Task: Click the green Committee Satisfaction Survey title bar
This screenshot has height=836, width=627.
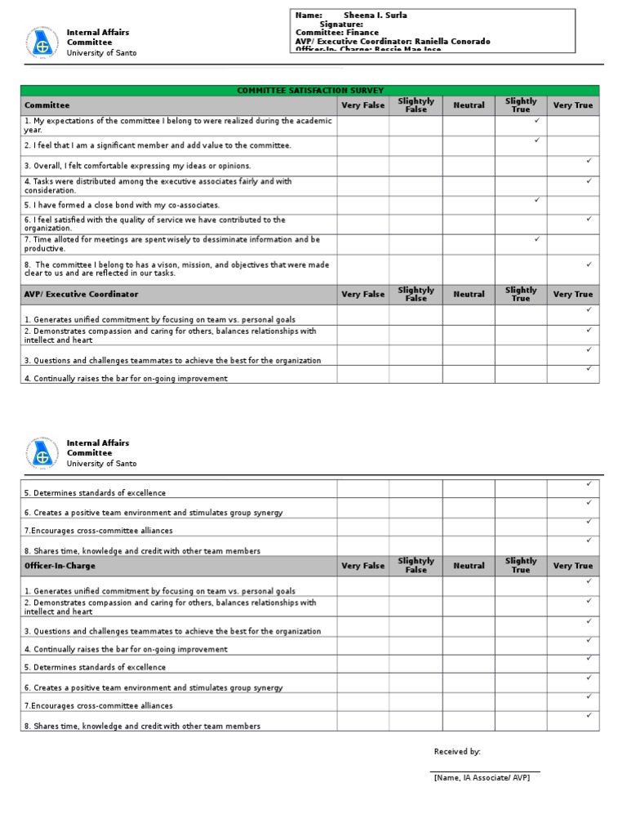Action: click(x=309, y=91)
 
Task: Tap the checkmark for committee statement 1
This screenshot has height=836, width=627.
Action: click(x=536, y=121)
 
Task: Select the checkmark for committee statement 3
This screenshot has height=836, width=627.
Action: click(x=589, y=161)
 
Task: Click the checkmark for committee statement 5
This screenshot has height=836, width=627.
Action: click(x=536, y=200)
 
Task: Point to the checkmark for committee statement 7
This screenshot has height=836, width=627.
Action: click(x=536, y=239)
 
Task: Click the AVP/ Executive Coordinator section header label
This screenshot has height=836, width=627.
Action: click(x=82, y=294)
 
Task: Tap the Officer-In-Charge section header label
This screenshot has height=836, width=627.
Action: click(x=60, y=566)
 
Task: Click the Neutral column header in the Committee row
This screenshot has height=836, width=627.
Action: click(x=469, y=105)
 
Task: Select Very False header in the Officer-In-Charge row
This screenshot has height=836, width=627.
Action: click(x=362, y=566)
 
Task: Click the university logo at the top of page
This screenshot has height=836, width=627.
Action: click(x=42, y=42)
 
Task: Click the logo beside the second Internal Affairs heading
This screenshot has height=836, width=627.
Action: click(x=42, y=453)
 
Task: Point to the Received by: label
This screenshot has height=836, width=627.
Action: click(x=457, y=752)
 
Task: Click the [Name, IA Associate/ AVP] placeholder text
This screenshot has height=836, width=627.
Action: click(x=482, y=778)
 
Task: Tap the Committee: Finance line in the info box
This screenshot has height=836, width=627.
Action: click(x=337, y=33)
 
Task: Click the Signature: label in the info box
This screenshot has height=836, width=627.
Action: click(x=341, y=24)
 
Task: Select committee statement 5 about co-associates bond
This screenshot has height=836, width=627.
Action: click(x=122, y=205)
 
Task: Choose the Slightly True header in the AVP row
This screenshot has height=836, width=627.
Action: click(x=521, y=294)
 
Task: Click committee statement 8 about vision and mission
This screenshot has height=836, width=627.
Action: click(x=176, y=269)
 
